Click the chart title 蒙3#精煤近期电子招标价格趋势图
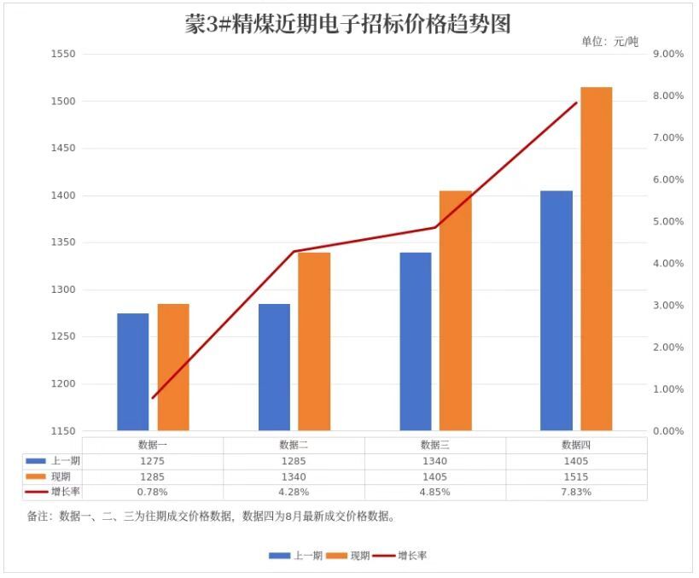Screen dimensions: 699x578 click(x=347, y=24)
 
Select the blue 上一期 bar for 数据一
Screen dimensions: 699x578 click(x=133, y=372)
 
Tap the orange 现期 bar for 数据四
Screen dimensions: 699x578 click(x=596, y=260)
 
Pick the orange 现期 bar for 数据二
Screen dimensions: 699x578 click(x=314, y=342)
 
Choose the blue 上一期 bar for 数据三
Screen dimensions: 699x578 click(x=416, y=342)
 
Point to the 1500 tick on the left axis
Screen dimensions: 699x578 click(x=63, y=102)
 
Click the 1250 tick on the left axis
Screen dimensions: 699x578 click(x=63, y=336)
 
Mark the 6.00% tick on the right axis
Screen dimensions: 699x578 click(x=668, y=180)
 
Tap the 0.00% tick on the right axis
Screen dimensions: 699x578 click(x=668, y=431)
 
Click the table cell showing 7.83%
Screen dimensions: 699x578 click(x=576, y=492)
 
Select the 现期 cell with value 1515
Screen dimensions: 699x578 click(x=576, y=476)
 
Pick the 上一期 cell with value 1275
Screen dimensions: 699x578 click(x=153, y=461)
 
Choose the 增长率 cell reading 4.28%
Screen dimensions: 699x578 click(x=294, y=492)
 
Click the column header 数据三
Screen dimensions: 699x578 click(x=434, y=445)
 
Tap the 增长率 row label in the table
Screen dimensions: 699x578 click(x=66, y=492)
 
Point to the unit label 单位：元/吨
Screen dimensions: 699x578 click(x=609, y=42)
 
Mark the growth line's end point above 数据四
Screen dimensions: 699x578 click(x=576, y=102)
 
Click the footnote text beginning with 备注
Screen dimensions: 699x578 click(x=212, y=517)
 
